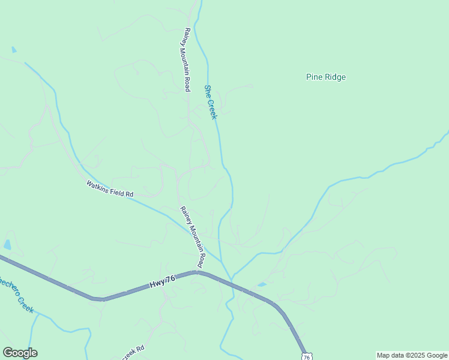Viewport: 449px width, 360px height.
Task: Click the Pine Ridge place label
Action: coord(326,77)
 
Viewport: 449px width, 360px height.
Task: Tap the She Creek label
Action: coord(210,102)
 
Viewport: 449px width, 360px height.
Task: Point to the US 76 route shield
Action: coord(307,356)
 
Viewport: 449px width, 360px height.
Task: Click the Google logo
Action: coord(20,353)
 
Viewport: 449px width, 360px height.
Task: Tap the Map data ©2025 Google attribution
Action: coord(412,355)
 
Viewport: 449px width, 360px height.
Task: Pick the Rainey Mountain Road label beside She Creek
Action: coord(187,59)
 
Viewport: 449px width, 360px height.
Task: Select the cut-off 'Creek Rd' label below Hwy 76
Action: coord(134,350)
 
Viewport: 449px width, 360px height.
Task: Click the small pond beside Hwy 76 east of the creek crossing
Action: coord(262,284)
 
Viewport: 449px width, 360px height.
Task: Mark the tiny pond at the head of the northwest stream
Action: coord(14,50)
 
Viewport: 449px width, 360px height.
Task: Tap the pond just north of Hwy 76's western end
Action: coord(7,244)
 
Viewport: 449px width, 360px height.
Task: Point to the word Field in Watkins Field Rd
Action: coord(113,190)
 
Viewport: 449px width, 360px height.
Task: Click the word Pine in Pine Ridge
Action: coord(314,77)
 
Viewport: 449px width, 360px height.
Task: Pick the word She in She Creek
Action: coord(208,91)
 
